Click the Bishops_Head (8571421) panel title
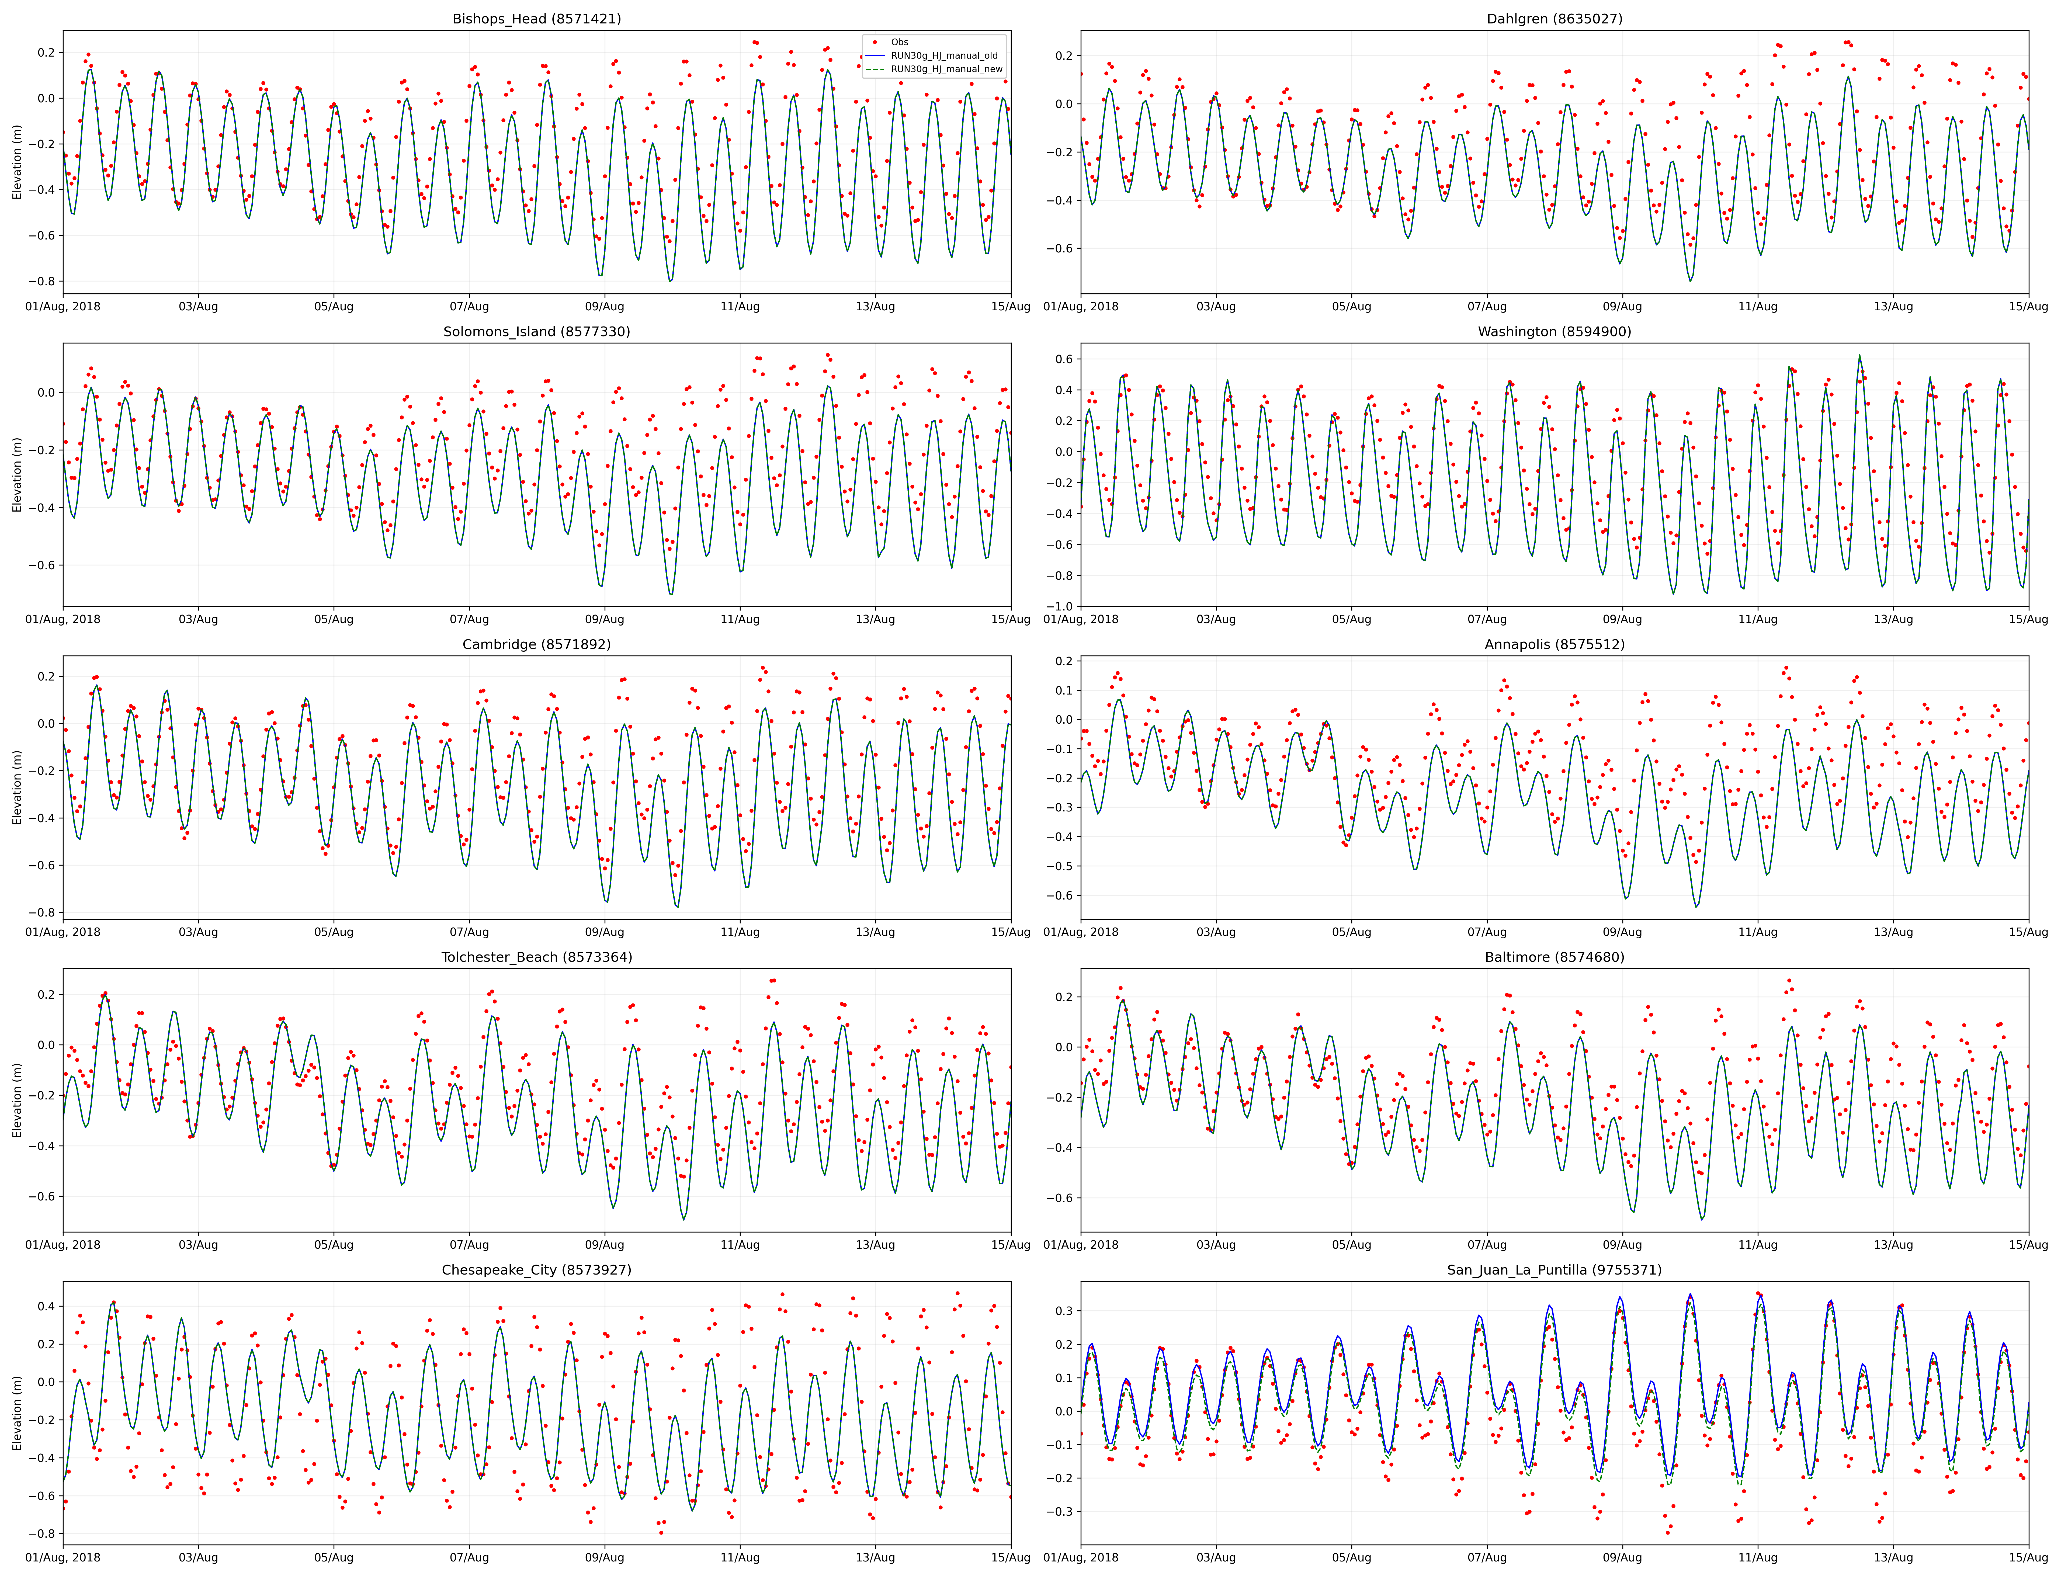pyautogui.click(x=537, y=19)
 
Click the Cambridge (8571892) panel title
pyautogui.click(x=537, y=644)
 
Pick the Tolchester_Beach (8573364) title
pyautogui.click(x=537, y=957)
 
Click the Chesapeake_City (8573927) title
pyautogui.click(x=537, y=1270)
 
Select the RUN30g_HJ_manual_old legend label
pyautogui.click(x=944, y=55)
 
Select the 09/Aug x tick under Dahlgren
pyautogui.click(x=1622, y=307)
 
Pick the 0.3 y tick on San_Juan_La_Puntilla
pyautogui.click(x=1064, y=1311)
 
